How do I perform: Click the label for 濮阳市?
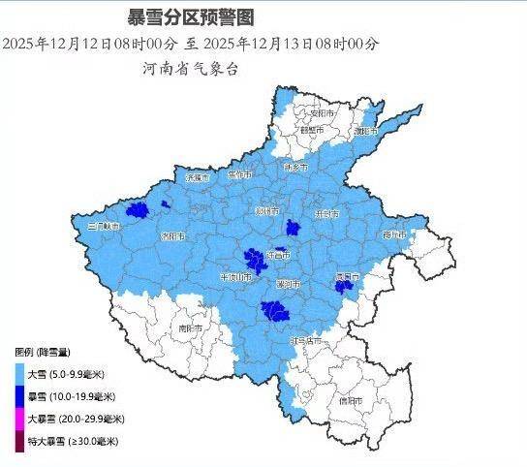(x=366, y=130)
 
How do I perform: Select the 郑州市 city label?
(x=267, y=210)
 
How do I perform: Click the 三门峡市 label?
(x=104, y=226)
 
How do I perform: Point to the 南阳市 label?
(x=190, y=328)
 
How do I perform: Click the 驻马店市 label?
(x=307, y=340)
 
